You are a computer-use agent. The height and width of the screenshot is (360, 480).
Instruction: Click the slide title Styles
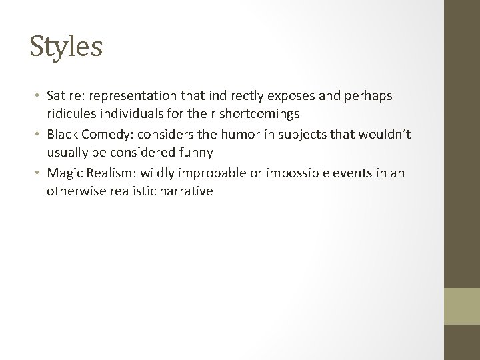coord(66,47)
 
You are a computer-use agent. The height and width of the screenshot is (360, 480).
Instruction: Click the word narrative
coord(189,191)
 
